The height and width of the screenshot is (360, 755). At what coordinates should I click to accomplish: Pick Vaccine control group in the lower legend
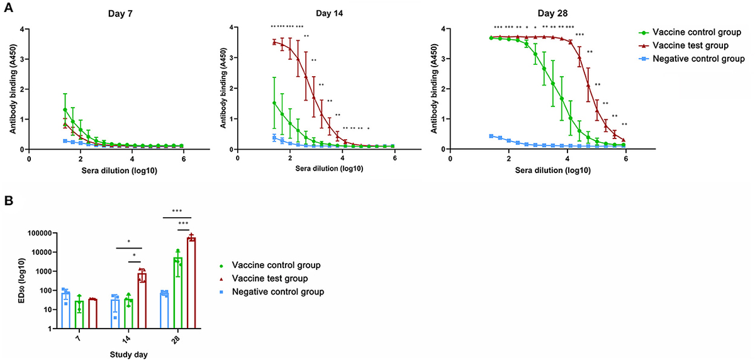point(276,266)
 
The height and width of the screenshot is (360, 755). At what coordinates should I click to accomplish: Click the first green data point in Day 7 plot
point(65,110)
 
